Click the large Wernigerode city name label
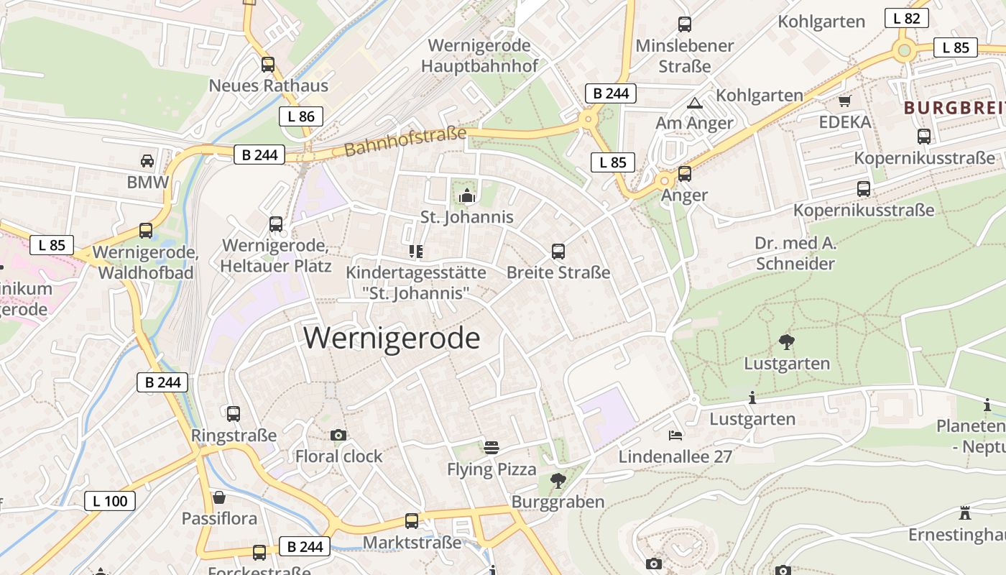pyautogui.click(x=392, y=338)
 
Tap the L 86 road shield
pyautogui.click(x=301, y=116)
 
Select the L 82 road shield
pyautogui.click(x=906, y=19)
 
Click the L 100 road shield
pyautogui.click(x=110, y=501)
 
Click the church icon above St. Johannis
pyautogui.click(x=467, y=195)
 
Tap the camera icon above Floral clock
pyautogui.click(x=338, y=435)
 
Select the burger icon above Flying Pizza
pyautogui.click(x=492, y=448)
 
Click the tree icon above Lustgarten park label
pyautogui.click(x=787, y=342)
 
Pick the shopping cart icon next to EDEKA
pyautogui.click(x=844, y=101)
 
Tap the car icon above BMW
pyautogui.click(x=147, y=160)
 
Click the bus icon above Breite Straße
pyautogui.click(x=558, y=251)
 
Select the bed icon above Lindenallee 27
pyautogui.click(x=675, y=435)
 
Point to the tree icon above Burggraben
pyautogui.click(x=558, y=479)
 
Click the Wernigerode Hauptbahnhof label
pyautogui.click(x=479, y=55)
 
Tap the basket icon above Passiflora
pyautogui.click(x=219, y=497)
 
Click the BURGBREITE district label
pyautogui.click(x=954, y=108)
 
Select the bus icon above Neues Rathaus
pyautogui.click(x=268, y=64)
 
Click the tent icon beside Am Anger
pyautogui.click(x=694, y=103)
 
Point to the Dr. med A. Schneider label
pyautogui.click(x=795, y=253)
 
